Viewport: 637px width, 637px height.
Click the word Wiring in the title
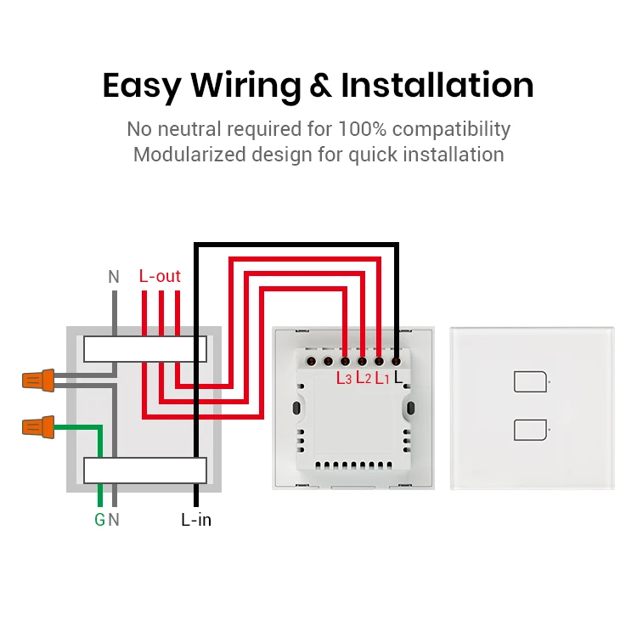tap(245, 86)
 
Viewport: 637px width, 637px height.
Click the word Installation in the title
tap(437, 86)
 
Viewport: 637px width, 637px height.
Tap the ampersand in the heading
tap(321, 87)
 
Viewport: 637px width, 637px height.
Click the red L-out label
tap(160, 276)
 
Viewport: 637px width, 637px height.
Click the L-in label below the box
tap(196, 520)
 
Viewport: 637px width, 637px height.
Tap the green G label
tap(99, 520)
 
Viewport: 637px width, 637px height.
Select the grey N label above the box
tap(114, 277)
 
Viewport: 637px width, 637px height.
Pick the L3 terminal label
tap(343, 379)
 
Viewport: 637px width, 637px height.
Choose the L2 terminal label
tap(363, 379)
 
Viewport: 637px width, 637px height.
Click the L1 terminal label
tap(381, 379)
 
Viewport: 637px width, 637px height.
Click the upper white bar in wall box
tap(144, 349)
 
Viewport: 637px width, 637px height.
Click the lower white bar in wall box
tap(144, 470)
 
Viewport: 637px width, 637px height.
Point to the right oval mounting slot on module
tap(411, 409)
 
